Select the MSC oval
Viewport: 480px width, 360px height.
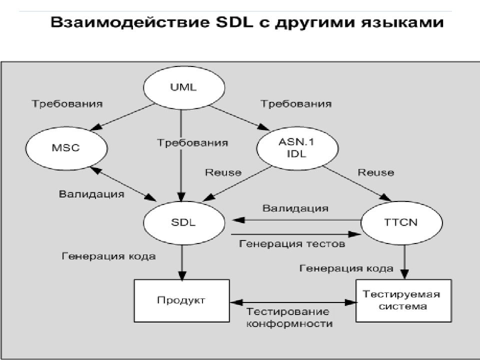66,148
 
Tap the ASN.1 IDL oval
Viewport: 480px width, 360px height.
295,148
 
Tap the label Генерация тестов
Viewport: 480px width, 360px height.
292,244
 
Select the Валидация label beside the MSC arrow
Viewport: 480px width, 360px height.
91,193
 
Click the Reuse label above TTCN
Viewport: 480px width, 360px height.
375,172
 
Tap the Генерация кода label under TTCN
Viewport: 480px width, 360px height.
346,268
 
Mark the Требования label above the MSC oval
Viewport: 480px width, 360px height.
67,104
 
